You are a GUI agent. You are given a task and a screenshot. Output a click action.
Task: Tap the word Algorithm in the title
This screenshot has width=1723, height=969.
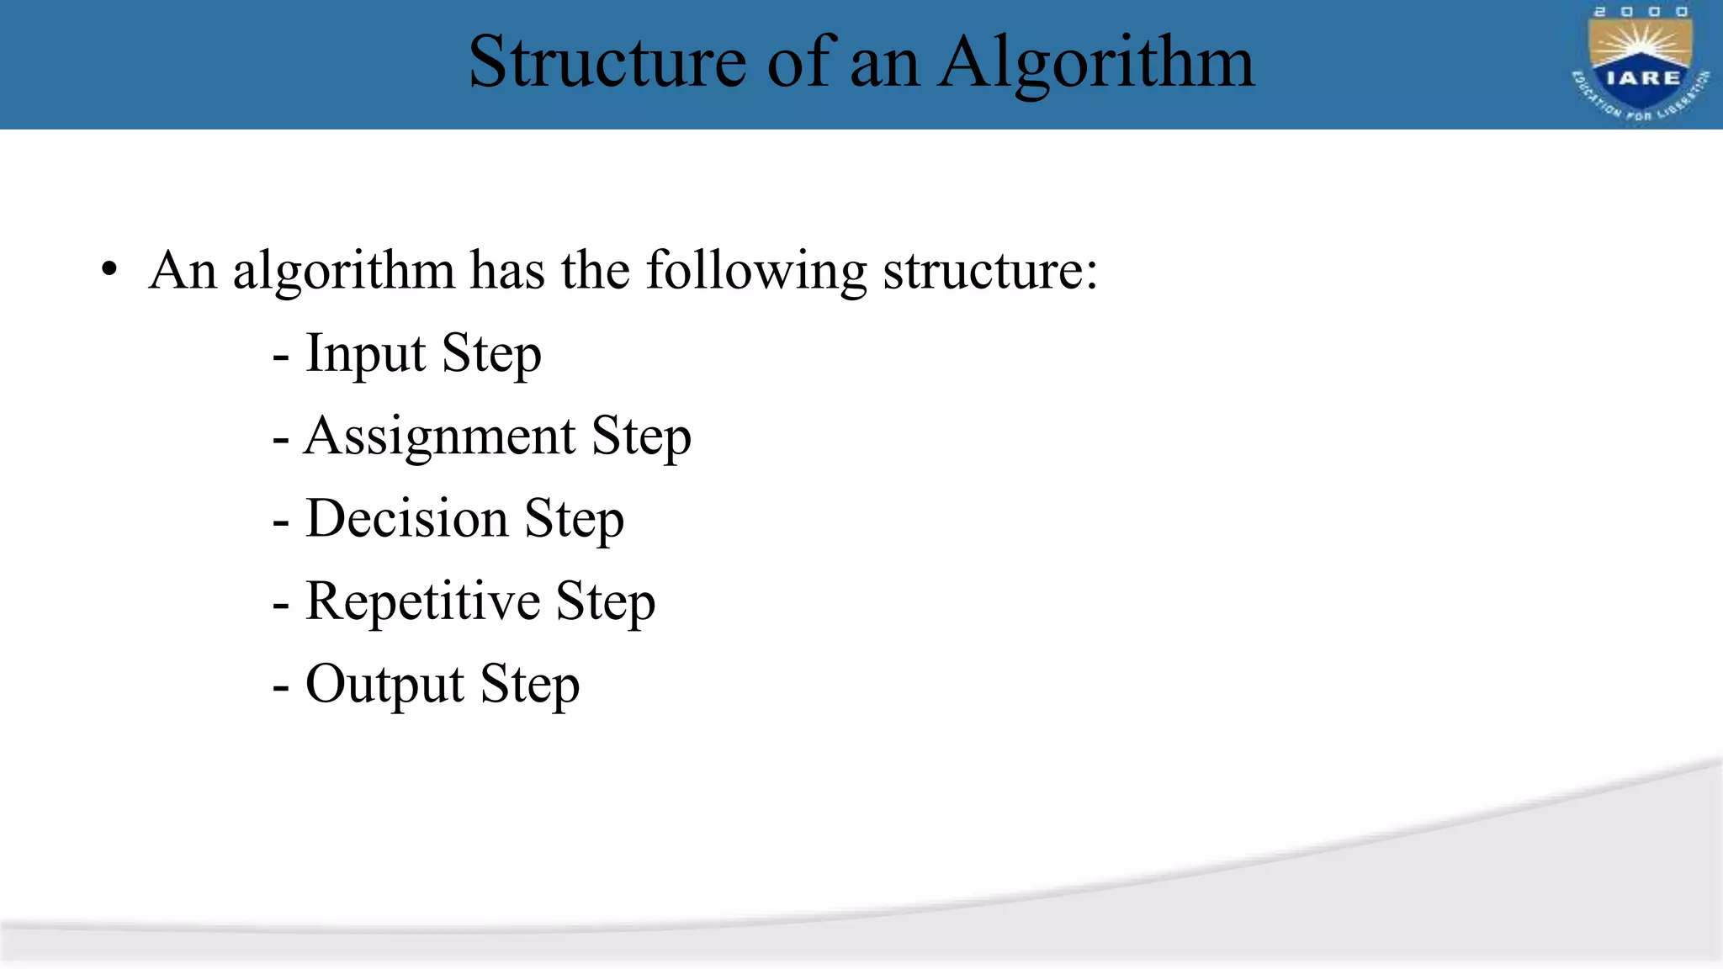[1096, 64]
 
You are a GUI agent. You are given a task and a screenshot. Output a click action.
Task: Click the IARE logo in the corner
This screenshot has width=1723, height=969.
[1641, 64]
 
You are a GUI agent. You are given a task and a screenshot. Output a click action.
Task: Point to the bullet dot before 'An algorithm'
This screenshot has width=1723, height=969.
[109, 271]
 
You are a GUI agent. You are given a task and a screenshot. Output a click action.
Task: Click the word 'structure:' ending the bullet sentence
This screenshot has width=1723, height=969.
[990, 271]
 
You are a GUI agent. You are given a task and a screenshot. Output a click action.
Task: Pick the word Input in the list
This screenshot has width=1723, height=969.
[365, 353]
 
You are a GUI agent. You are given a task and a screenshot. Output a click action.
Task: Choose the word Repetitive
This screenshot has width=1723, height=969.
[422, 601]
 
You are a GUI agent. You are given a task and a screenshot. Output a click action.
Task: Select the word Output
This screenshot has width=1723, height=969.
[384, 683]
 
